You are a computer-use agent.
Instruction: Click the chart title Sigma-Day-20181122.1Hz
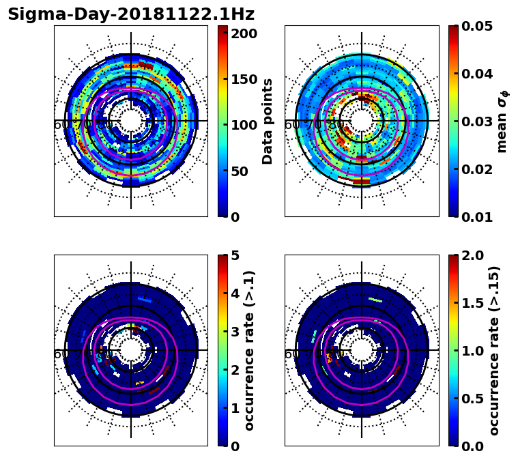pos(131,14)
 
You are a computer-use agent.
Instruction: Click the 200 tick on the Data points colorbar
pos(244,33)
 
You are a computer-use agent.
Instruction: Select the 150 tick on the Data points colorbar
pos(244,79)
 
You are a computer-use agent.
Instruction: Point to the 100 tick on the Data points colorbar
pos(244,125)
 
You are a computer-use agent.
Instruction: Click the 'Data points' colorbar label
pos(268,121)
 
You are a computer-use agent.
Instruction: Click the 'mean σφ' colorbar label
pos(502,121)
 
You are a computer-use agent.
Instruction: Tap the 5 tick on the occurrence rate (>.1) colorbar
pos(235,255)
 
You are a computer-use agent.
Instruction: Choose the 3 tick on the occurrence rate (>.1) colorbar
pos(235,332)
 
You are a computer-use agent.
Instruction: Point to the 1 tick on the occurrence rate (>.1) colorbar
pos(235,408)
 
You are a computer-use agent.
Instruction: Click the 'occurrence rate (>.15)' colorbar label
pos(494,351)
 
